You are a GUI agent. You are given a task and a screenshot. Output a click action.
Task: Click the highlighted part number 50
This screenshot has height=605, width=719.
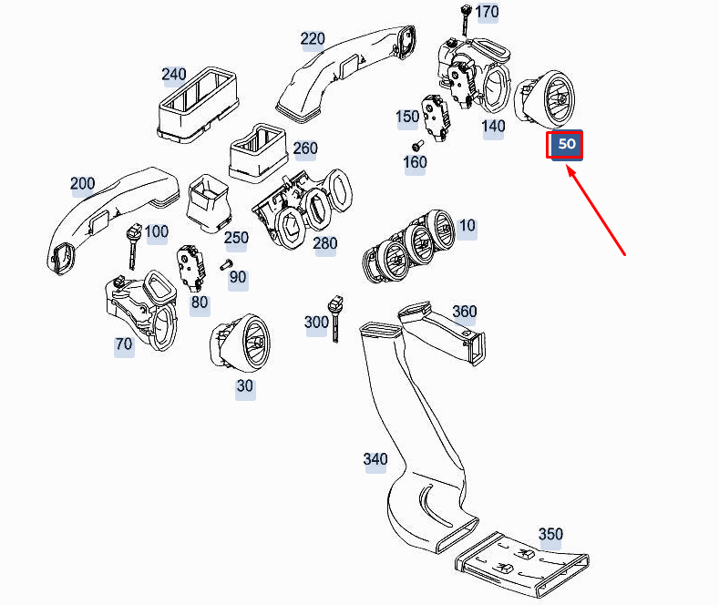tap(565, 145)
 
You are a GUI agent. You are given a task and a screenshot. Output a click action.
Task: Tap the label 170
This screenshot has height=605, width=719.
tap(488, 12)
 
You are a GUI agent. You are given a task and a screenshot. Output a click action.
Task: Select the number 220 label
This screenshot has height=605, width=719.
tap(313, 39)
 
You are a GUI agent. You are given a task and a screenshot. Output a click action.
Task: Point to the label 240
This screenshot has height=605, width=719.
tap(173, 75)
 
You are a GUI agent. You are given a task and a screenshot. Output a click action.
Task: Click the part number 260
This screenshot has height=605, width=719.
tap(305, 149)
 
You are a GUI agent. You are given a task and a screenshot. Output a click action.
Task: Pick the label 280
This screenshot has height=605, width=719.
tap(324, 243)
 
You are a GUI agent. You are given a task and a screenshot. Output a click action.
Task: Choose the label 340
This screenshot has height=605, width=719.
tap(375, 459)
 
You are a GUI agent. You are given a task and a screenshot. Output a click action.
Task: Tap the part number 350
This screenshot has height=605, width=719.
tap(550, 534)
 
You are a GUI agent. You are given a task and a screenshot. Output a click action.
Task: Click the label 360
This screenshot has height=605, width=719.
tap(464, 312)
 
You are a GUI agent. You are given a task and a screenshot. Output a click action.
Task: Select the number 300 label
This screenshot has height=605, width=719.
tap(316, 323)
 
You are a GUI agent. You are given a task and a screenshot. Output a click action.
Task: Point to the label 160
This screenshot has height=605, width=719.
tap(415, 162)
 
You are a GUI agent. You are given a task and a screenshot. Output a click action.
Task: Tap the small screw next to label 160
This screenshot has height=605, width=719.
tap(417, 145)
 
